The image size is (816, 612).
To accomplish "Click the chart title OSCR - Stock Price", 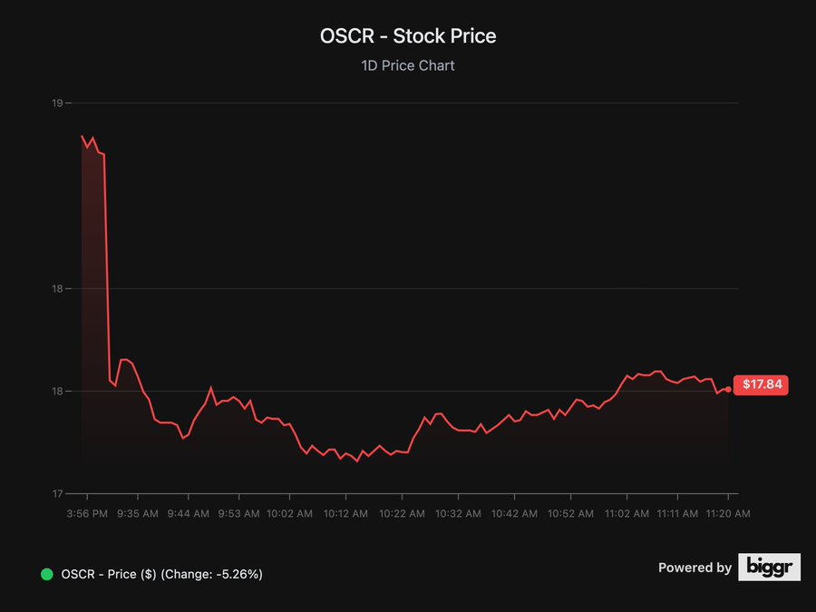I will pyautogui.click(x=408, y=36).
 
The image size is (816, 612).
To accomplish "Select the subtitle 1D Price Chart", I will pyautogui.click(x=408, y=65).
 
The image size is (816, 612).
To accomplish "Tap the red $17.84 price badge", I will pyautogui.click(x=762, y=384).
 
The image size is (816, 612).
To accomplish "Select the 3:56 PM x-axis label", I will pyautogui.click(x=88, y=513).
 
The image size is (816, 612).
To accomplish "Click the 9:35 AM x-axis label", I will pyautogui.click(x=138, y=513).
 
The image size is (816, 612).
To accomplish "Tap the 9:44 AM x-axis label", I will pyautogui.click(x=189, y=513).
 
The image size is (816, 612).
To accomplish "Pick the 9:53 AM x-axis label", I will pyautogui.click(x=238, y=513).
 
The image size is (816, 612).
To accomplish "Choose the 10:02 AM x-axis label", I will pyautogui.click(x=289, y=513).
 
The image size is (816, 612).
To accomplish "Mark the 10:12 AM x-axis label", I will pyautogui.click(x=345, y=513).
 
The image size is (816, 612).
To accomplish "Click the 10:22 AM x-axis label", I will pyautogui.click(x=402, y=513).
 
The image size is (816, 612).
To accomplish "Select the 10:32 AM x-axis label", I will pyautogui.click(x=458, y=513).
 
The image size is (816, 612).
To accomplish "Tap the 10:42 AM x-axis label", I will pyautogui.click(x=514, y=513).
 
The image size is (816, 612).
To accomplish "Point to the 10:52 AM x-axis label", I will pyautogui.click(x=570, y=513).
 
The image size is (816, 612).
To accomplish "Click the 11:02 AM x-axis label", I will pyautogui.click(x=627, y=513).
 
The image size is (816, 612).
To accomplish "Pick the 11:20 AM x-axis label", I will pyautogui.click(x=728, y=513).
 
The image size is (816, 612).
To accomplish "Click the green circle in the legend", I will pyautogui.click(x=47, y=574).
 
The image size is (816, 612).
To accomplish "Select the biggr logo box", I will pyautogui.click(x=769, y=568).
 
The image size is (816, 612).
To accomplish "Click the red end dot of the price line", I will pyautogui.click(x=728, y=389).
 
